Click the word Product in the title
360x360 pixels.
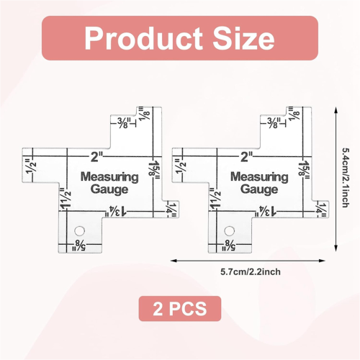click(143, 38)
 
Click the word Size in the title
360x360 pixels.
click(244, 38)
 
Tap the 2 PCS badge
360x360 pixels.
click(180, 309)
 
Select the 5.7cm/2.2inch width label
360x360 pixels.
click(251, 272)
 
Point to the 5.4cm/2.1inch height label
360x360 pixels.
click(345, 178)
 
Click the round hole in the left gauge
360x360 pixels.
click(79, 231)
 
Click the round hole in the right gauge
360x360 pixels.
click(229, 231)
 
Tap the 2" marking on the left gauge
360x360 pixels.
click(96, 157)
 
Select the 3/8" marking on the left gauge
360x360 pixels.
click(124, 122)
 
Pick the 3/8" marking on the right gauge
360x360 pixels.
click(274, 122)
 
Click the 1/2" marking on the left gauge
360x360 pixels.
click(32, 166)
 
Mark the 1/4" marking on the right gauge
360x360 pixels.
click(320, 210)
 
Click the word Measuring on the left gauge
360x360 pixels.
click(109, 177)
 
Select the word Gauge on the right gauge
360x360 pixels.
click(259, 189)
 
